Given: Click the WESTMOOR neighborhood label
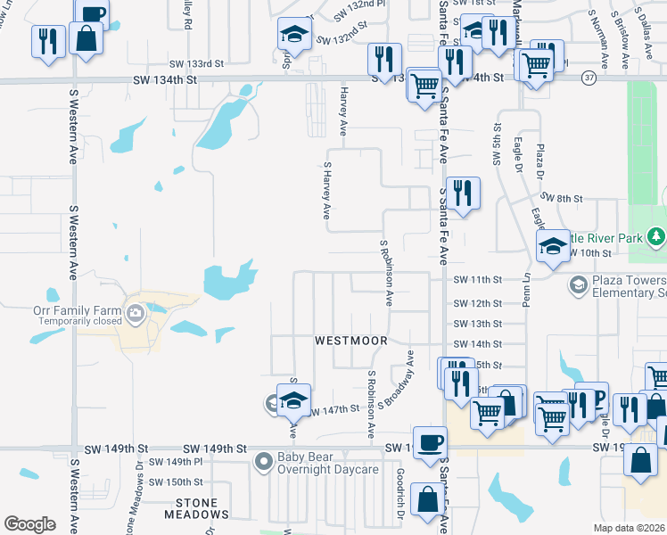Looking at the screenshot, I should click(351, 341).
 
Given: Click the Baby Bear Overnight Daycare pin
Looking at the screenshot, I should click(263, 462).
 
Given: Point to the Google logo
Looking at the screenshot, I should click(29, 524).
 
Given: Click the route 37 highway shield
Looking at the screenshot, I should click(589, 78).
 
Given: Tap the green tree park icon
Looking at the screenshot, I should click(656, 236).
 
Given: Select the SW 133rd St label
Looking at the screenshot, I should click(195, 64).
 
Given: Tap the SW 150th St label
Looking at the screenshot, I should click(177, 481).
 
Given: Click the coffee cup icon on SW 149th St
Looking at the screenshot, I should click(431, 442).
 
